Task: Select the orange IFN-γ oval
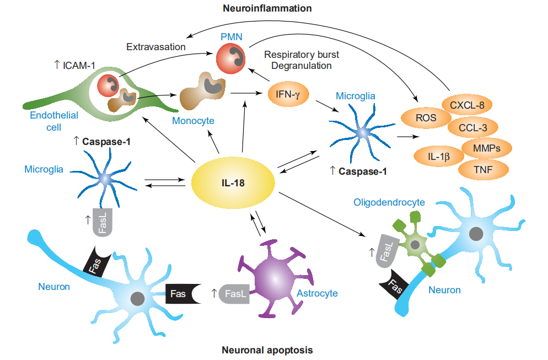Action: click(x=288, y=94)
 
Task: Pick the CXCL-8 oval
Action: click(x=466, y=105)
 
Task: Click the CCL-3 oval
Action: click(x=472, y=128)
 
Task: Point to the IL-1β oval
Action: click(x=438, y=156)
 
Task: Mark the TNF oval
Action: click(x=482, y=170)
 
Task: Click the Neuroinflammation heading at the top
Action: click(x=267, y=8)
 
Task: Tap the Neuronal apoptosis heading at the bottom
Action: click(x=267, y=350)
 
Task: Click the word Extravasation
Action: click(x=155, y=47)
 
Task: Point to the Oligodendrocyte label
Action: click(x=389, y=202)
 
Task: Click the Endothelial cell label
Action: click(x=54, y=121)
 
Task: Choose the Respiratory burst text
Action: click(x=302, y=55)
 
